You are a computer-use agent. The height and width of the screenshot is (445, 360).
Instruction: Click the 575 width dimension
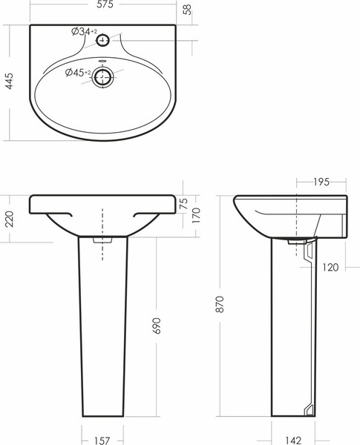click(105, 4)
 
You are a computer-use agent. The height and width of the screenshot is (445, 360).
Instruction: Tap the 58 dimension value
click(186, 10)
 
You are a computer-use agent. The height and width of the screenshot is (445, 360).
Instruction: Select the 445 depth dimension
click(10, 81)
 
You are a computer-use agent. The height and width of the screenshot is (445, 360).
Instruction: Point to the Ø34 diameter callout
click(84, 31)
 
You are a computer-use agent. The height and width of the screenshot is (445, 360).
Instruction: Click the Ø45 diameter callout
click(78, 73)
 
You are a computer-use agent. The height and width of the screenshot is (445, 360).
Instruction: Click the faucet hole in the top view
click(102, 40)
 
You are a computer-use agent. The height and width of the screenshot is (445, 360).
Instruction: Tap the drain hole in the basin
click(102, 77)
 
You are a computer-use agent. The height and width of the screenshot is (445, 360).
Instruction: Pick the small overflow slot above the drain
click(102, 61)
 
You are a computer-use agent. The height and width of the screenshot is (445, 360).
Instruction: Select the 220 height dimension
click(10, 219)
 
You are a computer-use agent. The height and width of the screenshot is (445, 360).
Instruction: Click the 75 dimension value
click(184, 203)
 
